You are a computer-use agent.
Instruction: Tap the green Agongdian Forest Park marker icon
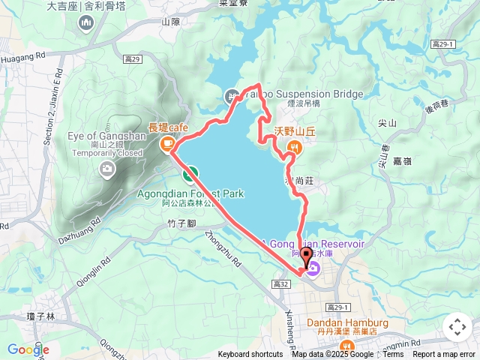tap(190, 175)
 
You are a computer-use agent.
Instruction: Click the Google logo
tap(28, 349)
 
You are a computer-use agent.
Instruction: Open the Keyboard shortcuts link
tap(250, 355)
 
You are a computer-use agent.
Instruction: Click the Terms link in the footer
tap(393, 355)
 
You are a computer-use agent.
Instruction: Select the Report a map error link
tap(444, 355)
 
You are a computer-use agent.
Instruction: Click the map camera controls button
tap(457, 327)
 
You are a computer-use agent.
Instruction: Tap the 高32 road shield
tap(282, 284)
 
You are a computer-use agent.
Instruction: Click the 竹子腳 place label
tap(182, 223)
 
